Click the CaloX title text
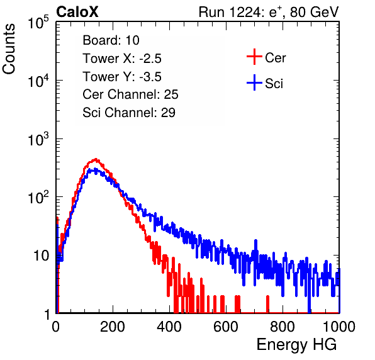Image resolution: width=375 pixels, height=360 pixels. click(77, 12)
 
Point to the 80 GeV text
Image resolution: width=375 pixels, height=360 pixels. click(314, 12)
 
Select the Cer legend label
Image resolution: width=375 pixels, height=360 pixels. click(275, 58)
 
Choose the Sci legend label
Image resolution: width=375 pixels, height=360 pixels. click(274, 84)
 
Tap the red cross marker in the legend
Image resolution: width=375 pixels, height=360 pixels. click(254, 57)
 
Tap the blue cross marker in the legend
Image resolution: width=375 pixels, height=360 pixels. click(254, 82)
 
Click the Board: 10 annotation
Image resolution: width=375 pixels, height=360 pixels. click(111, 40)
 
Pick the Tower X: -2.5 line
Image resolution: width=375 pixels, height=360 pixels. click(122, 59)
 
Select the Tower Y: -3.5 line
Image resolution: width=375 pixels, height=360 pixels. click(122, 77)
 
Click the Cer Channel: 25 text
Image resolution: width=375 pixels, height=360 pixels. click(130, 94)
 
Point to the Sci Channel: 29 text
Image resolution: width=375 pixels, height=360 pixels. click(129, 113)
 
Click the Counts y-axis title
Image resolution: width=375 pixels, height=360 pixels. click(9, 49)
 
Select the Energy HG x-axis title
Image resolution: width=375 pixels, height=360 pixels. click(296, 345)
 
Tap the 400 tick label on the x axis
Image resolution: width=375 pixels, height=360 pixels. click(169, 327)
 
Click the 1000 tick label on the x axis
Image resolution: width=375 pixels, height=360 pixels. click(339, 327)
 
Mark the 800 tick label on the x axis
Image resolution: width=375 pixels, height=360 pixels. click(283, 327)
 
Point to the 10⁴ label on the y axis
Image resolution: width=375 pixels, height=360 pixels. click(38, 81)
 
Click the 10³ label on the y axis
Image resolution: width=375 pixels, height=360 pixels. click(38, 139)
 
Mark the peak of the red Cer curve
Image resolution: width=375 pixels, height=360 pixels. click(96, 159)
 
